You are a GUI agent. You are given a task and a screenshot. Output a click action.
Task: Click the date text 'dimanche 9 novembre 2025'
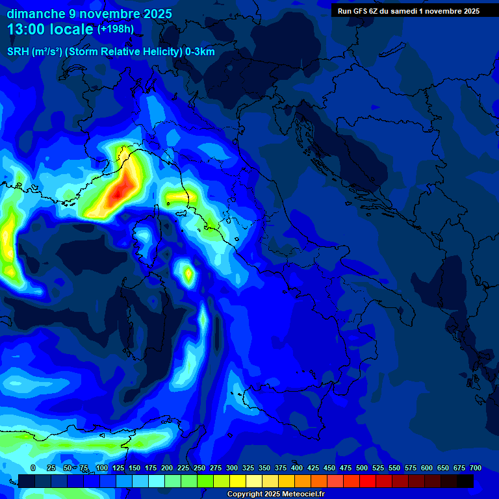click(x=89, y=14)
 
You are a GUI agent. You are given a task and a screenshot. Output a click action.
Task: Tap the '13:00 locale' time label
click(x=50, y=29)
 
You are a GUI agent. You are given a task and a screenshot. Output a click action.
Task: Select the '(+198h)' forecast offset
click(x=115, y=29)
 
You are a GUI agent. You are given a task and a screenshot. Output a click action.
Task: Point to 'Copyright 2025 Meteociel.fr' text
click(x=275, y=494)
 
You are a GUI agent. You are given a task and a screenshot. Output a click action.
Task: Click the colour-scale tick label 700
click(x=475, y=468)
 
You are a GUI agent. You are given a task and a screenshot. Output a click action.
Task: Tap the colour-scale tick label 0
click(x=33, y=468)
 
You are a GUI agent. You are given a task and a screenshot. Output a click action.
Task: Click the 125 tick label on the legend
click(x=118, y=468)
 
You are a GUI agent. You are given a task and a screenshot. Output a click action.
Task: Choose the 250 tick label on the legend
click(x=199, y=468)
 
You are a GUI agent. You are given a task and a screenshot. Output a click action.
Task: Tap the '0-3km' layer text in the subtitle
click(x=199, y=52)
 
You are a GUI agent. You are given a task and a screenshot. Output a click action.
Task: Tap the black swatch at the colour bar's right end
click(x=465, y=481)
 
